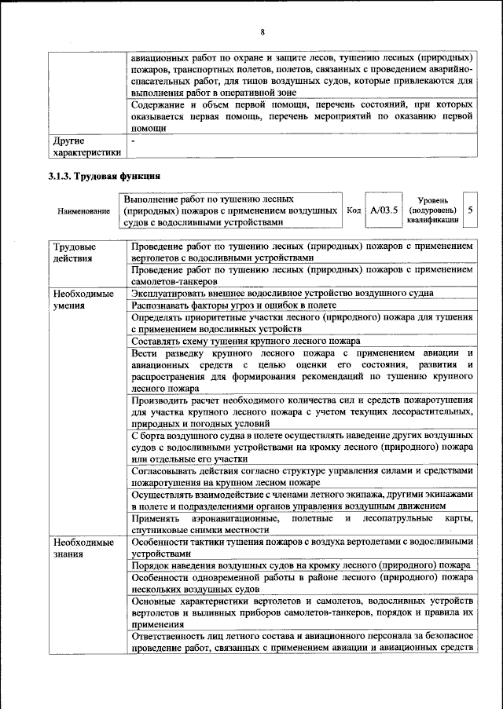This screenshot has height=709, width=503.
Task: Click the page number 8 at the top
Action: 263,31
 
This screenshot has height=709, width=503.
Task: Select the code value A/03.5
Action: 384,211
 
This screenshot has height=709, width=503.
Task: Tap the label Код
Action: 354,211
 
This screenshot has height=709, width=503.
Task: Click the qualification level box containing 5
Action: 469,211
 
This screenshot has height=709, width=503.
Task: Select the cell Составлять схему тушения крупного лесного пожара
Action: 246,341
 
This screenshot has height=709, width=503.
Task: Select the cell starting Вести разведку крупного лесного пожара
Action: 302,370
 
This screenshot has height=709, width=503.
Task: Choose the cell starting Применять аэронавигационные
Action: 302,524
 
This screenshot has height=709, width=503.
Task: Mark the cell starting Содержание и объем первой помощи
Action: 302,115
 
